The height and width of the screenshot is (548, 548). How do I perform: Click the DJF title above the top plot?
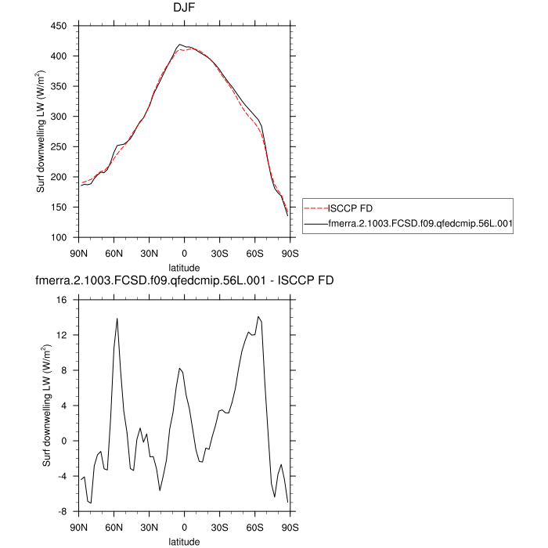[x=184, y=9]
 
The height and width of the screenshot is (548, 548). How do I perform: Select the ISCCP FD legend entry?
[x=348, y=208]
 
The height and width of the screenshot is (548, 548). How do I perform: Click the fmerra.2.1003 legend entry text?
[x=421, y=224]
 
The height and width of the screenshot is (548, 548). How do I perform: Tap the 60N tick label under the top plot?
[x=114, y=254]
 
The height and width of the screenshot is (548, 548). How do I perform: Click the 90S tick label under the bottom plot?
[x=290, y=528]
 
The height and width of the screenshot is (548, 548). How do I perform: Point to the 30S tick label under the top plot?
[x=219, y=254]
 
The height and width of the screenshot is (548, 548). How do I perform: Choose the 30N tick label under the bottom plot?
[x=149, y=528]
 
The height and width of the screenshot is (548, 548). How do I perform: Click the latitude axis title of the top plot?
[x=184, y=267]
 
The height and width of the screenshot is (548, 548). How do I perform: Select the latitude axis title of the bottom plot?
[x=184, y=541]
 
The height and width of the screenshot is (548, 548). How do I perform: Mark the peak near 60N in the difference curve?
[x=117, y=319]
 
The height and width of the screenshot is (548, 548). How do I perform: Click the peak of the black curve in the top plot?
[x=180, y=45]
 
